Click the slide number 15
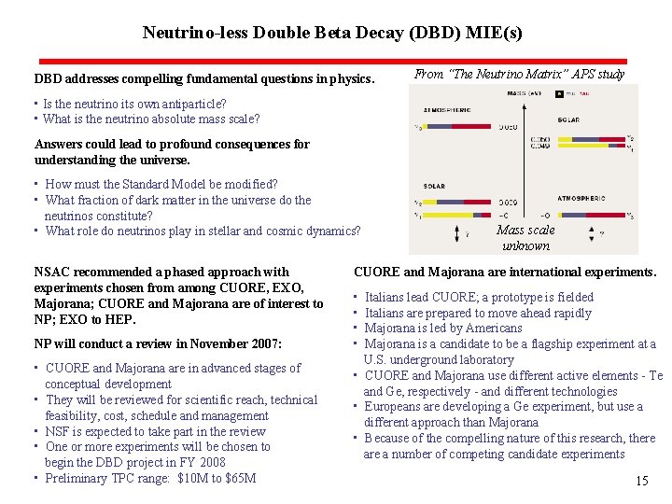tap(641, 482)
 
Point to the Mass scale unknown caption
tap(525, 238)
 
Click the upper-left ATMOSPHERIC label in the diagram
tap(444, 108)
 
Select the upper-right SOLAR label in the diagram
tap(567, 119)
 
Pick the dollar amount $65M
tap(238, 479)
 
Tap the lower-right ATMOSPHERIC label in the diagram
tap(581, 198)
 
